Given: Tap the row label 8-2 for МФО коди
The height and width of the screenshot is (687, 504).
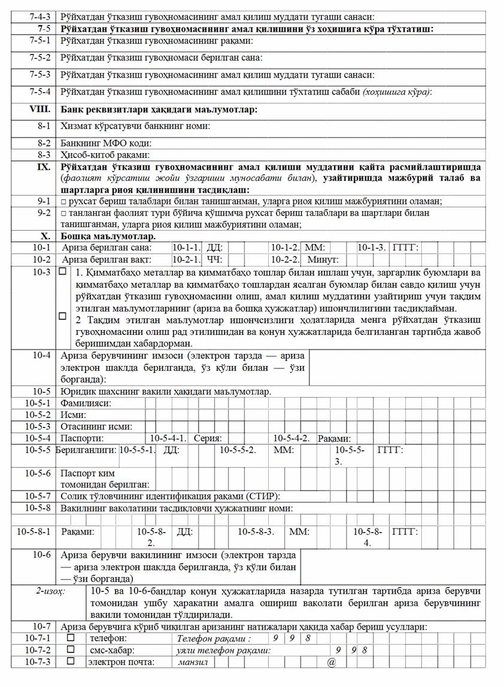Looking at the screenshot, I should [x=43, y=143].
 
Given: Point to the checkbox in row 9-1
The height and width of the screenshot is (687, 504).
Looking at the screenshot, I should [x=63, y=202].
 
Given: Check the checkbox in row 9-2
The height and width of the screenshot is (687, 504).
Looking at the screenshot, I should [x=63, y=213].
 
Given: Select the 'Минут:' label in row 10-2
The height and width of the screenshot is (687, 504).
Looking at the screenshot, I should [x=323, y=259].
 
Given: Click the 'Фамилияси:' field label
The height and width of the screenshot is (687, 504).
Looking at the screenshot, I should [x=86, y=403].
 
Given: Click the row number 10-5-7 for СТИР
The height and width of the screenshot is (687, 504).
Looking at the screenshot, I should [x=38, y=496].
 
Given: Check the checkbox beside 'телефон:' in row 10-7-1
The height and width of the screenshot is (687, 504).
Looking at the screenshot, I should [x=71, y=639].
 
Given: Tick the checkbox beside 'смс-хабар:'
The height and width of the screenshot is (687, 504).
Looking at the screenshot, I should [x=71, y=650].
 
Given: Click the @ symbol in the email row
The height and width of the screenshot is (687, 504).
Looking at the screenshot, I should [x=330, y=662].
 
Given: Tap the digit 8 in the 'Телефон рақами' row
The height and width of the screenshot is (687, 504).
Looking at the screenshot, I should [x=307, y=639].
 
